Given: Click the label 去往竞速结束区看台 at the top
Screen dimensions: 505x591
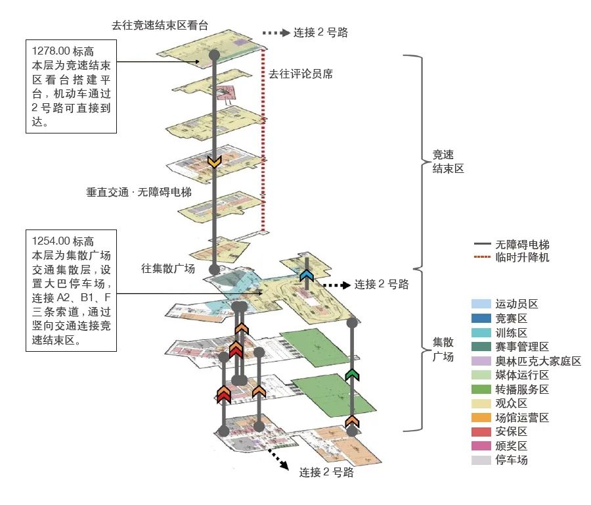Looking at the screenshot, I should coord(160,26).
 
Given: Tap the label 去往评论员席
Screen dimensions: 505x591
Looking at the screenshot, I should coord(300,74).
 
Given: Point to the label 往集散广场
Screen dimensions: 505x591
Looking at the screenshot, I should coord(168,268).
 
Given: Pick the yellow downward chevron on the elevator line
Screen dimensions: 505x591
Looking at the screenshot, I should coord(214,162).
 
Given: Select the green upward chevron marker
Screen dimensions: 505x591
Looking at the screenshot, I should coord(353,374).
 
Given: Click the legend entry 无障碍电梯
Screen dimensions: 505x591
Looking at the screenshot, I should coord(522,244).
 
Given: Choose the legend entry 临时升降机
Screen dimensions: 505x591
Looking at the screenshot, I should coord(522,257).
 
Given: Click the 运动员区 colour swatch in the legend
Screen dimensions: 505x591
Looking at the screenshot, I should coord(481,304).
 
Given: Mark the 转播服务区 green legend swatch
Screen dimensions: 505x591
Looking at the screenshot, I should coord(481,389).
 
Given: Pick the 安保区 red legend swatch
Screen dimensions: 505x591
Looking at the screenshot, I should coord(481,431).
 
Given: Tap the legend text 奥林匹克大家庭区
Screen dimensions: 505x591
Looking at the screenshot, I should coord(538,361).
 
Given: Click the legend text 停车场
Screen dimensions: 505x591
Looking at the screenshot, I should coord(512,460).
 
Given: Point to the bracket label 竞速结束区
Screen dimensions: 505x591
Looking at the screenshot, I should coord(448,162).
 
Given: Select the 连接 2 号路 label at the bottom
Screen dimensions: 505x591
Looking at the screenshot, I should coord(326,472).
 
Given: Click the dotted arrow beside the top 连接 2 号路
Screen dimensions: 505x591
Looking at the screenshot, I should coord(275,32).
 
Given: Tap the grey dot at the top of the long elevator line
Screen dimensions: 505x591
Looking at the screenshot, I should coord(214,55).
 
